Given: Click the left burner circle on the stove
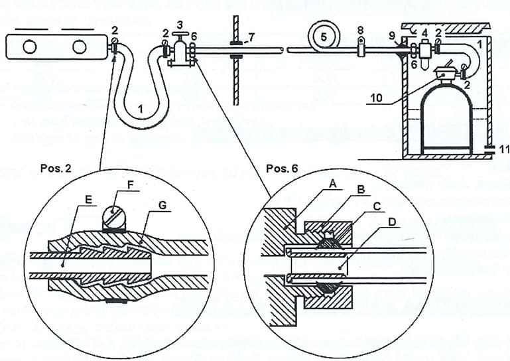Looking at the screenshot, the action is (30, 47).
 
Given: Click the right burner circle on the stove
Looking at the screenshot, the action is (80, 47).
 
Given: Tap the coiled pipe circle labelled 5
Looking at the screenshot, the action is (324, 36).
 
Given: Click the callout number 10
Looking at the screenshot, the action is (377, 98).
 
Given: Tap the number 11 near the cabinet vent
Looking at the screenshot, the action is (504, 149).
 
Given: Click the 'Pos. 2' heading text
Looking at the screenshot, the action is (56, 168).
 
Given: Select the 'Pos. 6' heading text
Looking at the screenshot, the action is (282, 169).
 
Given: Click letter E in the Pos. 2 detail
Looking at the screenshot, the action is (88, 200).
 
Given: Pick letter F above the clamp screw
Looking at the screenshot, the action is (131, 185).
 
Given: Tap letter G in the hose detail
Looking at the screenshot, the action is (162, 205).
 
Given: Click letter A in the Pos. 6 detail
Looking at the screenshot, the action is (332, 184).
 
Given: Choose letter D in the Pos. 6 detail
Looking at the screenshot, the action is (392, 222).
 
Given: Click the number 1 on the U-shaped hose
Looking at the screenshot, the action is (140, 109).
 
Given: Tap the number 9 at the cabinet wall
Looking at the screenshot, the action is (393, 35).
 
